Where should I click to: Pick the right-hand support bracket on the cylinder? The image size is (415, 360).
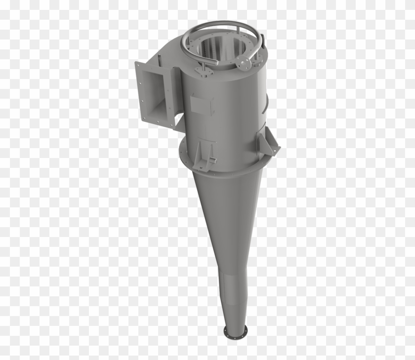(266, 143)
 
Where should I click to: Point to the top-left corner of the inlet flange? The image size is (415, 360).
(136, 63)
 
